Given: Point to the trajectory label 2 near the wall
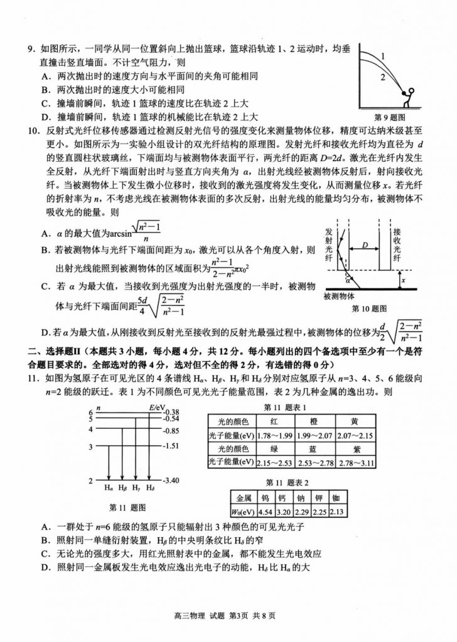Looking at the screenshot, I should (x=380, y=78).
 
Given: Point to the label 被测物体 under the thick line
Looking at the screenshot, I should (x=340, y=297).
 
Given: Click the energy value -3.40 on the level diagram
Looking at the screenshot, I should (x=170, y=481).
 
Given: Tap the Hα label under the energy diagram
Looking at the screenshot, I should (x=109, y=487).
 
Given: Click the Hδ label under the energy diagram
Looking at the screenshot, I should (x=149, y=487).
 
